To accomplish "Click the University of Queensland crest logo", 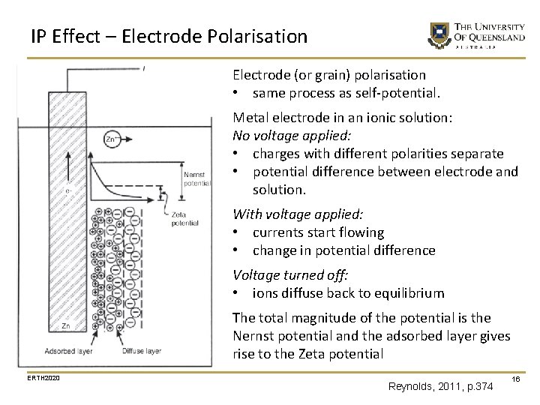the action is (x=437, y=34).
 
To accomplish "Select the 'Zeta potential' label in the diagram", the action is (x=184, y=218).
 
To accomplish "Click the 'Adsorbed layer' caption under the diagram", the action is (x=70, y=350).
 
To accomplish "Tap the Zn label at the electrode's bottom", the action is (x=66, y=326).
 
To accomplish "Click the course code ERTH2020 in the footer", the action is (x=43, y=376).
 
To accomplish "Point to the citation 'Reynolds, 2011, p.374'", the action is (x=441, y=386).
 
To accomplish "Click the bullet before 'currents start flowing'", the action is (x=236, y=232).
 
